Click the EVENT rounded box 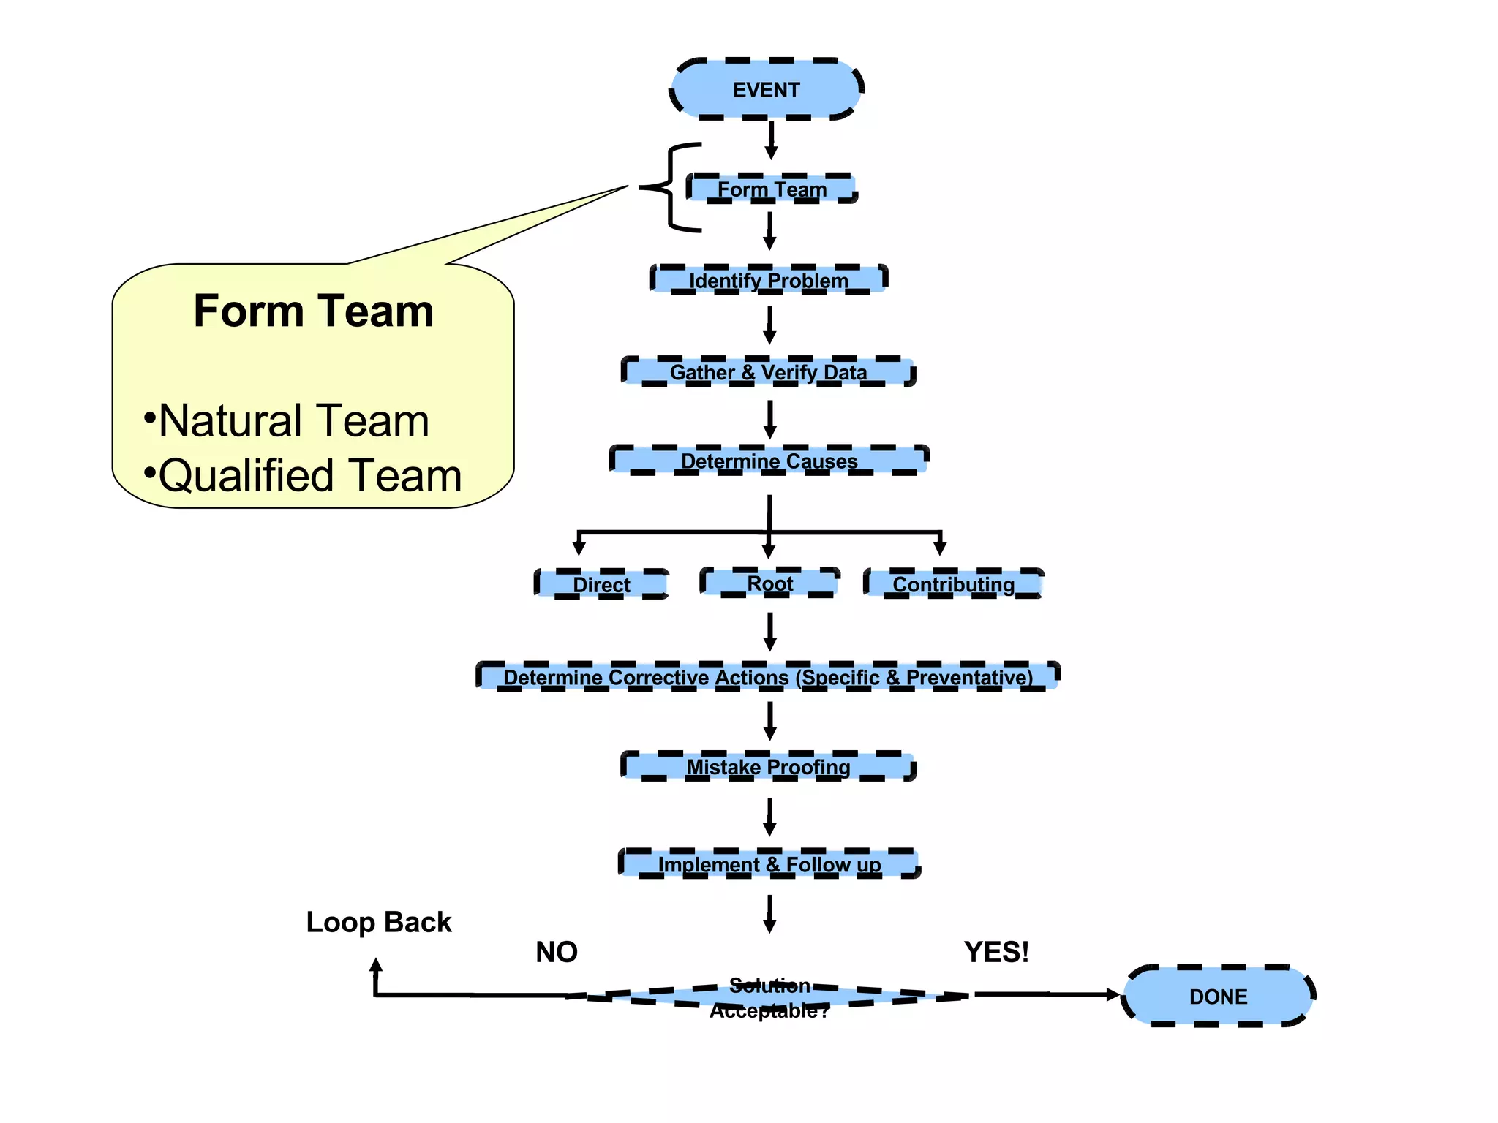pos(767,89)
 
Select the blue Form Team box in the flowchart pos(772,189)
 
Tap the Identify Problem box pos(769,279)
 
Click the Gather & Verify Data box pos(769,371)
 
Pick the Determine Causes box pos(769,461)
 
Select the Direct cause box pos(601,584)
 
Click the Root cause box pos(769,583)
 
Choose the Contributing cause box pos(954,583)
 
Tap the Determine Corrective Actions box pos(768,676)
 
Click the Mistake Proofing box pos(769,766)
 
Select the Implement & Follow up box pos(769,863)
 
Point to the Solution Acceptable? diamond pos(769,997)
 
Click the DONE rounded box pos(1218,996)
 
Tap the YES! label pos(996,952)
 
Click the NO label pos(557,952)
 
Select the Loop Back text pos(379,922)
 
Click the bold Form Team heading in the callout pos(314,311)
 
